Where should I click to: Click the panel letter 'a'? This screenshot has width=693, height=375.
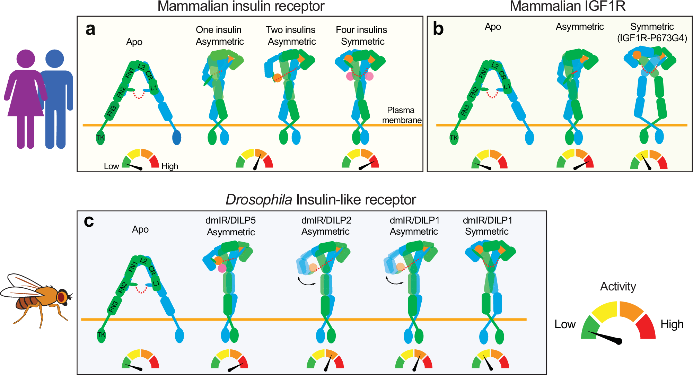pos(90,30)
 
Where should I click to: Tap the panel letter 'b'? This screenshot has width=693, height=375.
pos(438,29)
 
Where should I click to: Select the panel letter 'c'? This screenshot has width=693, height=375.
pos(89,221)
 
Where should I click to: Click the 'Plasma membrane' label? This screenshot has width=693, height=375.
pos(401,115)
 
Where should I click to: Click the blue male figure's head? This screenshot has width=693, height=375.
pos(55,59)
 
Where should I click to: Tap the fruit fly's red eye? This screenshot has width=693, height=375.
pos(61,297)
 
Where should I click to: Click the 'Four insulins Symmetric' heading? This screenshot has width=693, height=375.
pos(361,36)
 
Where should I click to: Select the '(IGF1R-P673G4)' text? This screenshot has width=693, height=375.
pos(652,38)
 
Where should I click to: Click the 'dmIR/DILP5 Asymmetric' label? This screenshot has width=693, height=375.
pos(230,226)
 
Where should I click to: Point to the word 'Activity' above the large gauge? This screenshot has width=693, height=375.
pos(618,287)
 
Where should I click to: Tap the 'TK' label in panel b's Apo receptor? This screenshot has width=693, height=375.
pos(454,138)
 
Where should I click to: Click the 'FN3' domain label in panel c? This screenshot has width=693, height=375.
pos(113,307)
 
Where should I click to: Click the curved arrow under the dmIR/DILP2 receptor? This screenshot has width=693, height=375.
pos(307,282)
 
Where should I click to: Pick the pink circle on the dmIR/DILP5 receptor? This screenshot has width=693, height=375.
pos(222,268)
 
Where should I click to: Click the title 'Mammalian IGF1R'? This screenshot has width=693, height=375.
pos(568,6)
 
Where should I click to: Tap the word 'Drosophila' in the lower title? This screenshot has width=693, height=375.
pos(258,200)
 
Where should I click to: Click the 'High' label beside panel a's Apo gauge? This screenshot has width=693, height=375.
pos(170,166)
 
